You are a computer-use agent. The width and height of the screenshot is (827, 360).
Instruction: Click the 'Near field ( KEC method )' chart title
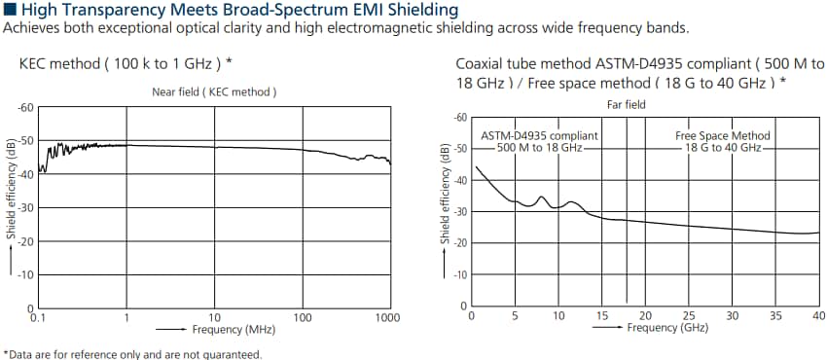[x=214, y=91]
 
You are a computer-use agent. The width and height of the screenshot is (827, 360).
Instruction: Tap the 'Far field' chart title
[x=626, y=104]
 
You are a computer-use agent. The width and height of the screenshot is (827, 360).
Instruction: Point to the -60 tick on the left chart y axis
[x=27, y=107]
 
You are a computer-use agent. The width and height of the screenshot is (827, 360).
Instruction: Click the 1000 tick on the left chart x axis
[x=388, y=317]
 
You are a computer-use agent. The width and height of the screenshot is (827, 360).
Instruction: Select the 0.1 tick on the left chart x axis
[x=38, y=317]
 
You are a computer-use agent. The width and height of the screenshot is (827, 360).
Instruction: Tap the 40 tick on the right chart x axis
[x=817, y=315]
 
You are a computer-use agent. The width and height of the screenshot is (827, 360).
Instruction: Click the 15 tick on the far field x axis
[x=601, y=315]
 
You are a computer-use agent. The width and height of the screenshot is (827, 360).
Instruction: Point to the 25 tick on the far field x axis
[x=689, y=315]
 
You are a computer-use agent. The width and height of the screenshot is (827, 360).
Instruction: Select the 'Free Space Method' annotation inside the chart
[x=722, y=135]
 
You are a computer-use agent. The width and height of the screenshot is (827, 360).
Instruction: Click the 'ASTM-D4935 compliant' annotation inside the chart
[x=539, y=135]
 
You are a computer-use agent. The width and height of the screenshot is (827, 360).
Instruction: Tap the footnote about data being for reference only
[x=132, y=353]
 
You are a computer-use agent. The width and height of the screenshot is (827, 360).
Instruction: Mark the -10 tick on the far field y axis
[x=461, y=274]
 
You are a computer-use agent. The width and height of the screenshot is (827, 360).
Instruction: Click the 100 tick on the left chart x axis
[x=303, y=317]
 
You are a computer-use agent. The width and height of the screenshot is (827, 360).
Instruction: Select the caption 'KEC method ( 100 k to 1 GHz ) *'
[x=126, y=63]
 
